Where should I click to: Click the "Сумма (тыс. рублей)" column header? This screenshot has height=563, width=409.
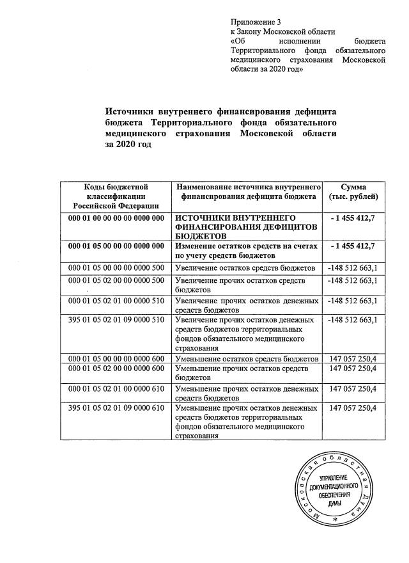(353, 191)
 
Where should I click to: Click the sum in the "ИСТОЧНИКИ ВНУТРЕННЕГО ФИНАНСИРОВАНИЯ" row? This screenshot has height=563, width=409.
(353, 219)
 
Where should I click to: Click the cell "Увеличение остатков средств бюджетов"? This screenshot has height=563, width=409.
(245, 267)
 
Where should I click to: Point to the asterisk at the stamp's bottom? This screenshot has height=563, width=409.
(334, 523)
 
